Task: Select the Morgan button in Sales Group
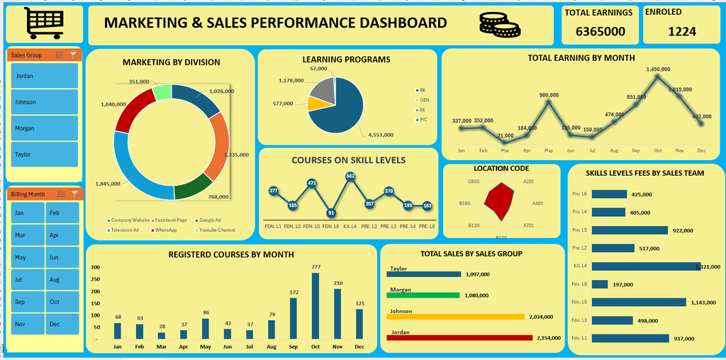pos(44,128)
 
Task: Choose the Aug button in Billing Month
pos(62,280)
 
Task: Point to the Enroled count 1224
pos(681,31)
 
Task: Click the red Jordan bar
pos(459,337)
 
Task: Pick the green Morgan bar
pos(423,294)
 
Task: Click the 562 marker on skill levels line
pos(350,176)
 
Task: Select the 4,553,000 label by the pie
pos(381,135)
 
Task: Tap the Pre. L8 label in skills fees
pos(579,194)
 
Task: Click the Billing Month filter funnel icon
pos(74,193)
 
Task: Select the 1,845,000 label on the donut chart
pos(107,184)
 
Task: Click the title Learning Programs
pos(346,60)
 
